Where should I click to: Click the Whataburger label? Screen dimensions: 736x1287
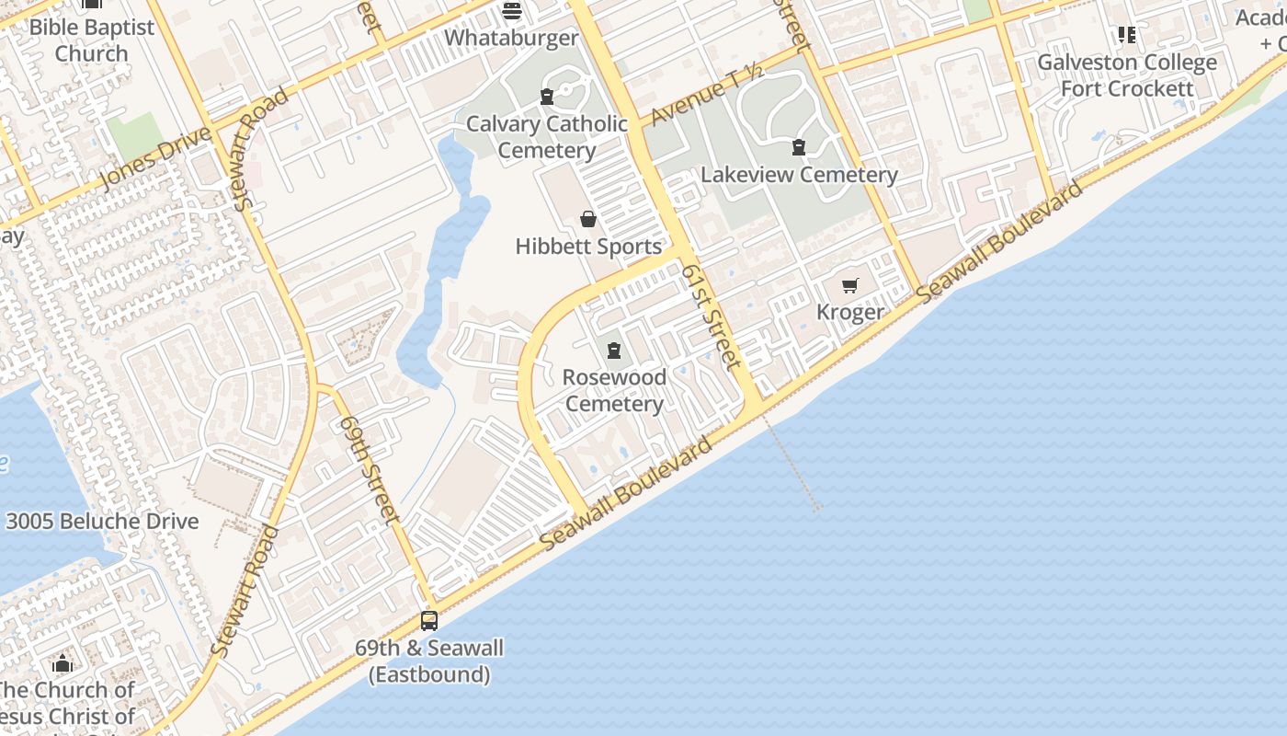[x=511, y=39]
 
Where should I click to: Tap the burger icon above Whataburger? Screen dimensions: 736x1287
[x=512, y=11]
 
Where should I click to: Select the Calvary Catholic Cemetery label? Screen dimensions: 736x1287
[x=547, y=137]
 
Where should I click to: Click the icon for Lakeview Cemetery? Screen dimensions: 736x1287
[x=799, y=147]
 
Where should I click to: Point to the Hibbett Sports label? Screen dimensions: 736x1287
[x=588, y=247]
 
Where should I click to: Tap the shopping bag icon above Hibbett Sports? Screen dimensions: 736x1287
[x=588, y=219]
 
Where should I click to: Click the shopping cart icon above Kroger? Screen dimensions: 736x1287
[x=850, y=285]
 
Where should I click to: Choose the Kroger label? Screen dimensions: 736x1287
[x=850, y=313]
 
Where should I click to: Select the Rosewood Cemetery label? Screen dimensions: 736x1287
[x=614, y=391]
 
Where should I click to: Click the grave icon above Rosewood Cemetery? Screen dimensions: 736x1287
[x=614, y=350]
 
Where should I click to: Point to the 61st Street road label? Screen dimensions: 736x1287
[x=712, y=317]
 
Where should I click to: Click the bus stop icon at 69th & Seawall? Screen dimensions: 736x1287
[x=429, y=620]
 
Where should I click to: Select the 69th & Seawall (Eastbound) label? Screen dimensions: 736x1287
[x=429, y=661]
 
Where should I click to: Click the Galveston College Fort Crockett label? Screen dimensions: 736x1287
[x=1127, y=75]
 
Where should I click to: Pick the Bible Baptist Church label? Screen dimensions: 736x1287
[x=92, y=40]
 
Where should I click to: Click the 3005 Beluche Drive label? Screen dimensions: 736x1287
[x=102, y=522]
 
